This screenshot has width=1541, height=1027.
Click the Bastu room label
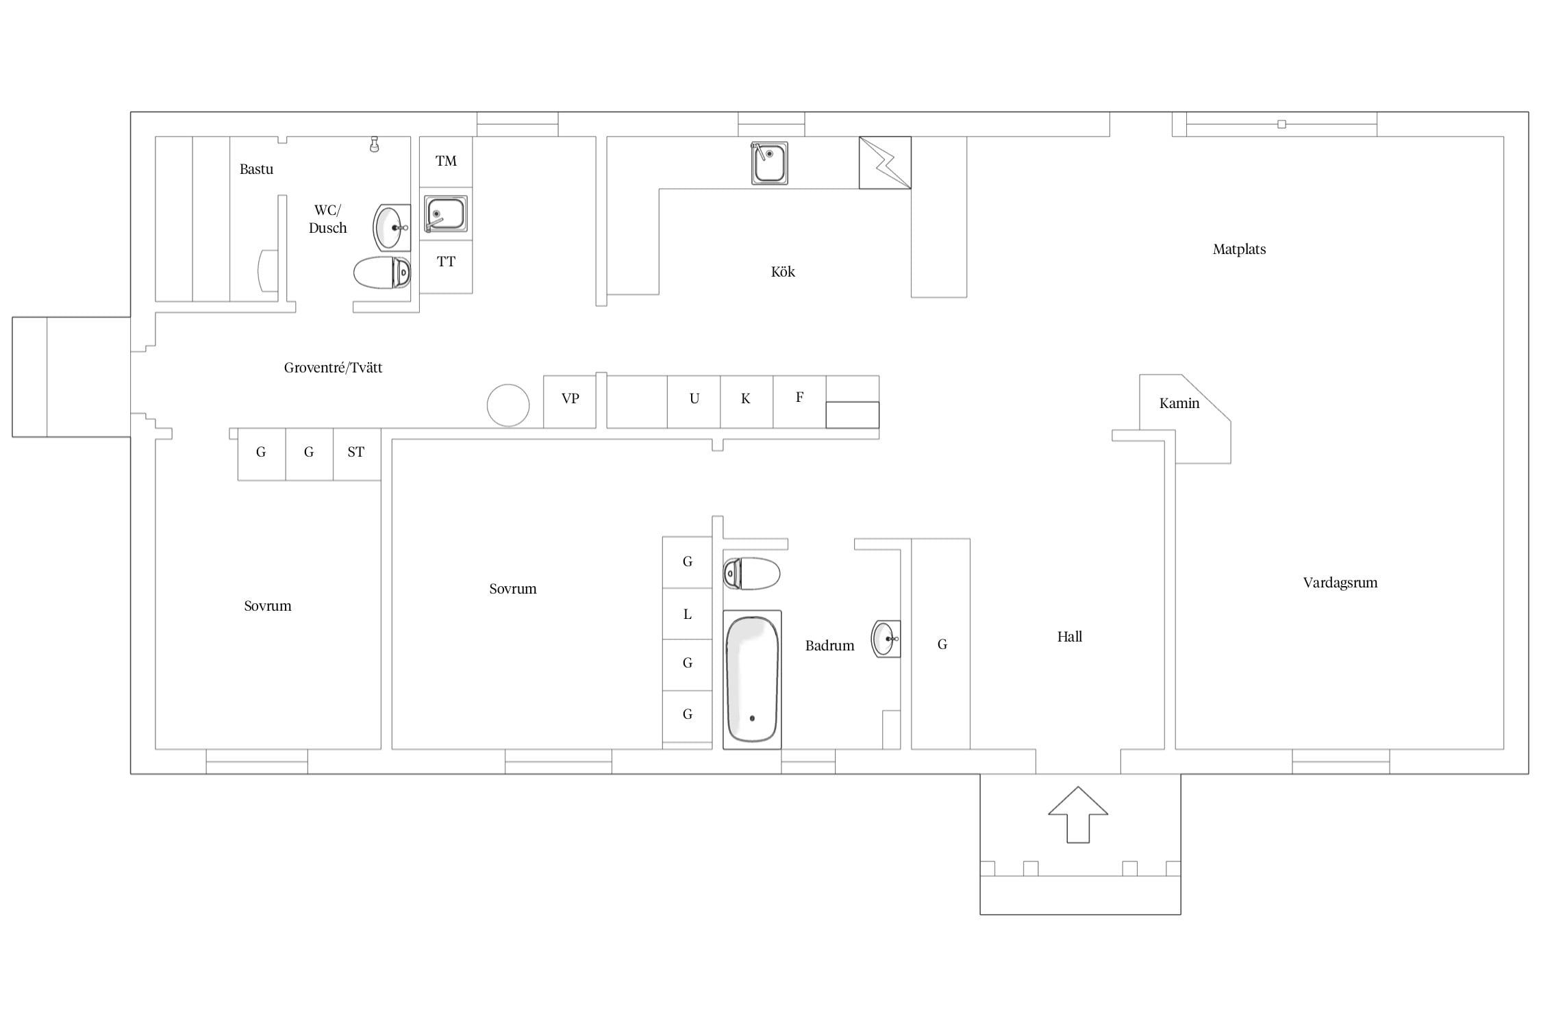pyautogui.click(x=256, y=169)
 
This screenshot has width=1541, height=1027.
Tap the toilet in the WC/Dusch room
pyautogui.click(x=381, y=272)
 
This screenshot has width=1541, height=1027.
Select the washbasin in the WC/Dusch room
pyautogui.click(x=391, y=227)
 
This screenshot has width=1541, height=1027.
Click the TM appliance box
pyautogui.click(x=446, y=162)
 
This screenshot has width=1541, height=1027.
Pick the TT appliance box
pyautogui.click(x=446, y=266)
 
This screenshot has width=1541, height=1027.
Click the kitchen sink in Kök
pyautogui.click(x=769, y=163)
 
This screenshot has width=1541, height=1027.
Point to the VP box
pyautogui.click(x=570, y=402)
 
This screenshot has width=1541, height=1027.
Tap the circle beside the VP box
pyautogui.click(x=508, y=405)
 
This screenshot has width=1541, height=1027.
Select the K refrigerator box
pyautogui.click(x=747, y=402)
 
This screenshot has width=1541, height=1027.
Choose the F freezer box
pyautogui.click(x=799, y=402)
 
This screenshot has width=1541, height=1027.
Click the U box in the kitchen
pyautogui.click(x=694, y=402)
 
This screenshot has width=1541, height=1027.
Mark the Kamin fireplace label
pyautogui.click(x=1179, y=403)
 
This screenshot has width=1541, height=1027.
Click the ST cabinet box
pyautogui.click(x=357, y=455)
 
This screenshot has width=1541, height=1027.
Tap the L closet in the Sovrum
pyautogui.click(x=687, y=614)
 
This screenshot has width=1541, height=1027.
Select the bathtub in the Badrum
pyautogui.click(x=752, y=679)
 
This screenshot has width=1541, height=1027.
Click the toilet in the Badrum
pyautogui.click(x=752, y=574)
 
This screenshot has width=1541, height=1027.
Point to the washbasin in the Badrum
pyautogui.click(x=886, y=639)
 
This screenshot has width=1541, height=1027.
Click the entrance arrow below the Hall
pyautogui.click(x=1078, y=814)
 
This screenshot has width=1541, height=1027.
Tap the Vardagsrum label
pyautogui.click(x=1340, y=583)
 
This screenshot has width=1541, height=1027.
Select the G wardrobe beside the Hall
pyautogui.click(x=940, y=644)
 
